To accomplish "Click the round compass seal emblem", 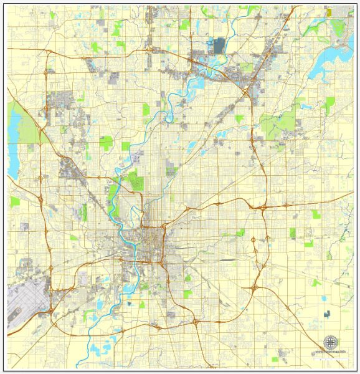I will click(x=331, y=343).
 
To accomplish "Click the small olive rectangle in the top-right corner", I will click(x=328, y=11).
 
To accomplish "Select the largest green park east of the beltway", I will click(x=280, y=122).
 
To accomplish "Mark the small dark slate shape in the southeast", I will click(x=327, y=315).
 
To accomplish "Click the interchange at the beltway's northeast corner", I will click(x=247, y=93).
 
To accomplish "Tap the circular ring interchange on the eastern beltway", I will click(x=254, y=239).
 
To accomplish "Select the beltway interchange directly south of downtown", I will click(x=195, y=322).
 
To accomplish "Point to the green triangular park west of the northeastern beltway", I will click(x=240, y=118).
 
